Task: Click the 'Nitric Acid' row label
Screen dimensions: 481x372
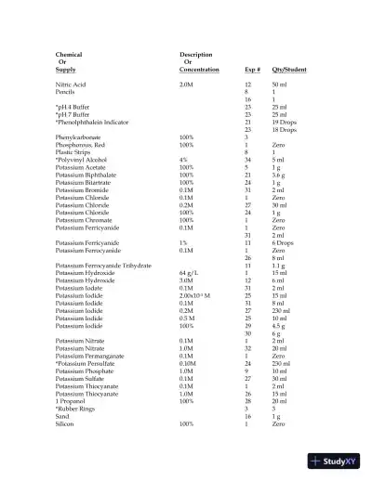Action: click(71, 84)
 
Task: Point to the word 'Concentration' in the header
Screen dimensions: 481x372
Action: click(199, 70)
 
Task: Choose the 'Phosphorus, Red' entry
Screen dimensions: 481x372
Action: click(78, 145)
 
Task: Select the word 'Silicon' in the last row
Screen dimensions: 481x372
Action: click(66, 423)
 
